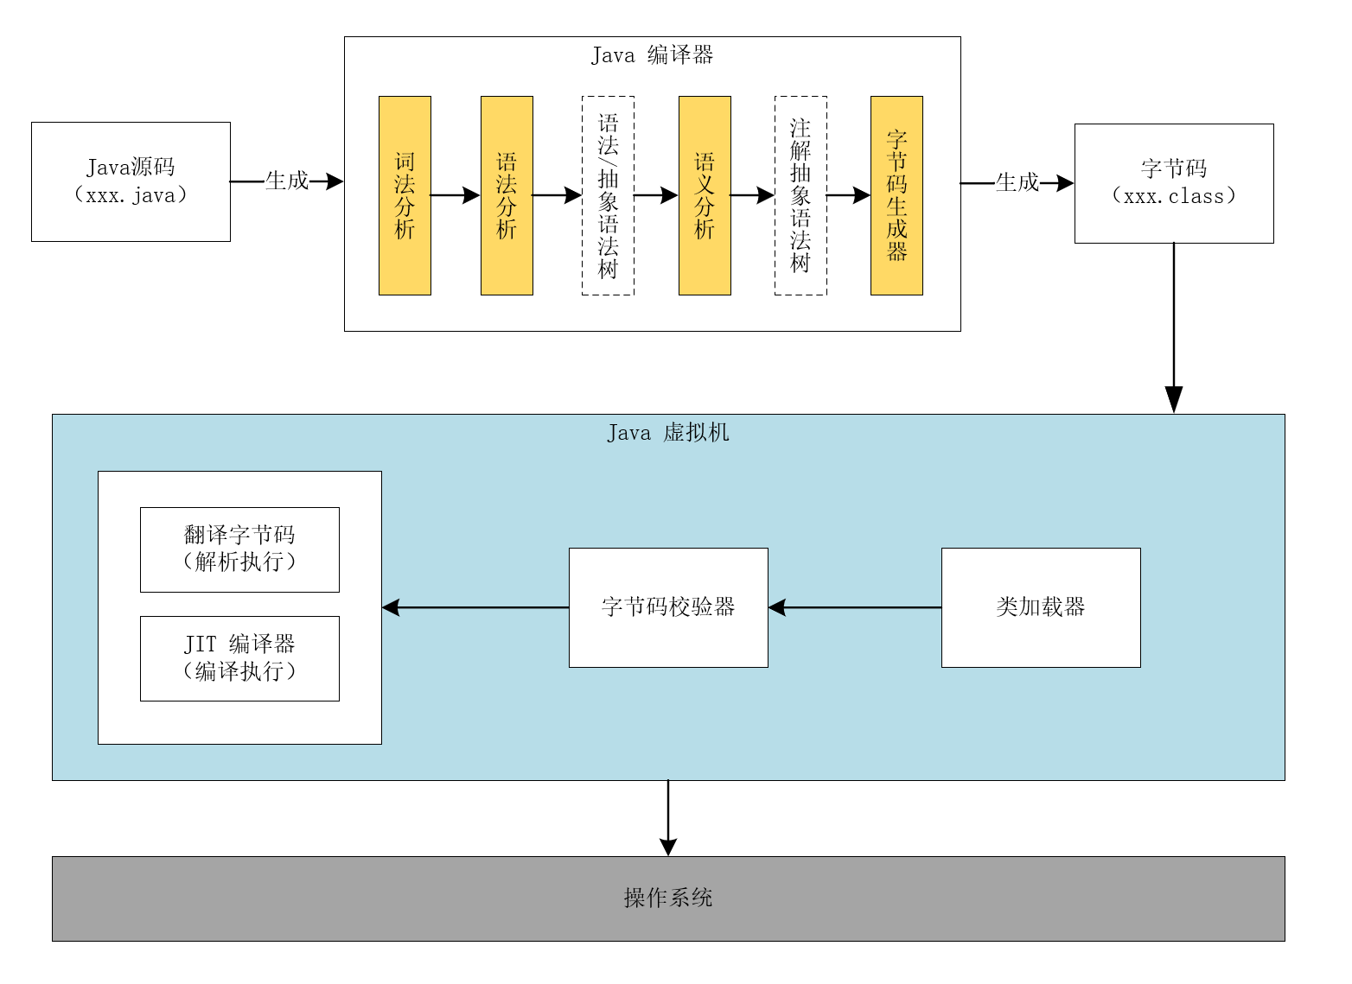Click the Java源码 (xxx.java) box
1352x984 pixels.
pos(131,181)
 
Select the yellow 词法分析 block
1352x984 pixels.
pos(405,195)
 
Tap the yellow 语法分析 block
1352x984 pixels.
pos(507,195)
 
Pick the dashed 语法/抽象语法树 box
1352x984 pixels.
pos(608,195)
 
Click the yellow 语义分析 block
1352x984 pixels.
pos(705,195)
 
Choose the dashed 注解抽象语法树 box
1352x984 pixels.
pos(800,195)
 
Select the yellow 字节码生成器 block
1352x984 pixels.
pos(896,195)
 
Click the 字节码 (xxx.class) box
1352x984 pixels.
pos(1173,183)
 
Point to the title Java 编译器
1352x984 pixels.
pos(652,55)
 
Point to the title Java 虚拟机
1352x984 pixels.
pos(667,432)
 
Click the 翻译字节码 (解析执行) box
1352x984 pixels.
pos(239,549)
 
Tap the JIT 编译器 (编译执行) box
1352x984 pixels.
pos(239,658)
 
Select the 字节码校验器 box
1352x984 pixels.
pos(668,607)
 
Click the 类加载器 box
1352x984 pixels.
pos(1041,607)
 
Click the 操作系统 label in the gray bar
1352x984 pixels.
pos(668,898)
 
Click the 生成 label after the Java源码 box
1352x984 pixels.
pos(287,181)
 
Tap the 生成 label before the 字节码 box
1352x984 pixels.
pos(1017,182)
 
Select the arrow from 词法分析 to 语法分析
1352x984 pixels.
pos(456,195)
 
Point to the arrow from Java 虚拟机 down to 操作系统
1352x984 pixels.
pos(668,817)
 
